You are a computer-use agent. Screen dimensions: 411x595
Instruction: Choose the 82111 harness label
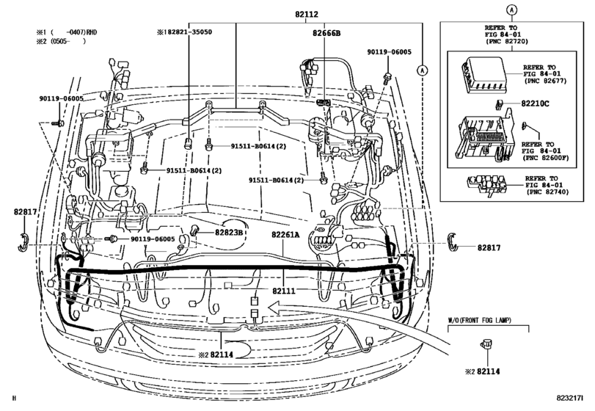point(285,291)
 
